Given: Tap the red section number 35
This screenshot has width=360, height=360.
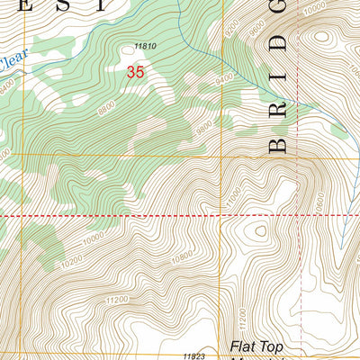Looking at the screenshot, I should pos(135,71).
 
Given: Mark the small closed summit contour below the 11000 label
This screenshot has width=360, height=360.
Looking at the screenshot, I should pos(259,229).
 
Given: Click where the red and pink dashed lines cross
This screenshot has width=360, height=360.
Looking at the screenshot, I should pos(300,216).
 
